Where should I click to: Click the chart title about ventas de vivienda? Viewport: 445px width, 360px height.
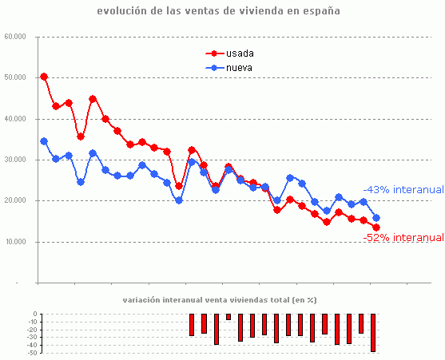[x=217, y=11]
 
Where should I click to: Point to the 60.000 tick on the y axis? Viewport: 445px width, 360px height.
[x=15, y=37]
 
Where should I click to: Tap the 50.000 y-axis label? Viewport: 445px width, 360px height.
[x=15, y=77]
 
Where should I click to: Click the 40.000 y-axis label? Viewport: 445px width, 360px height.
[x=15, y=119]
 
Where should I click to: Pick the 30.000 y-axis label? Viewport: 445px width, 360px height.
[x=15, y=160]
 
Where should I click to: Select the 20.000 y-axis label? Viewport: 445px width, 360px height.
[x=15, y=201]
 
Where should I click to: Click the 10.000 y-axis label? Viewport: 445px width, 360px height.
[x=15, y=242]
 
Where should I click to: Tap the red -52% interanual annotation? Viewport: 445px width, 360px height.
[x=403, y=237]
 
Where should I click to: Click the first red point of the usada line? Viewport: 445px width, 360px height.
[x=44, y=77]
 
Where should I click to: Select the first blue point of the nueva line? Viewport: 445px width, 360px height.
[x=44, y=141]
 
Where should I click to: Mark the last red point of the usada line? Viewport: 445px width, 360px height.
[x=376, y=227]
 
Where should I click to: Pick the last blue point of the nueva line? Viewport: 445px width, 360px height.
[x=376, y=218]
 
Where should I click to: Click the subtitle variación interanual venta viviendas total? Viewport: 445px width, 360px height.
[x=219, y=300]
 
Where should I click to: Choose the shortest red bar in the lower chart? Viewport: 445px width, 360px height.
[x=228, y=317]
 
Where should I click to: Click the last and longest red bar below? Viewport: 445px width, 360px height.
[x=373, y=333]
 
